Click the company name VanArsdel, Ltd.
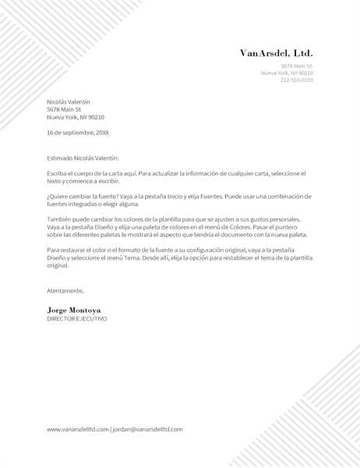click(x=276, y=53)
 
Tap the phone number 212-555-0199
click(x=296, y=80)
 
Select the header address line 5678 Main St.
click(x=297, y=66)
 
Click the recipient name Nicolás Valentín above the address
click(x=68, y=101)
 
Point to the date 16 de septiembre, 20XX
click(x=78, y=133)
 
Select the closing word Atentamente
click(x=65, y=290)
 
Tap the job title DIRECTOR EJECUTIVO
click(x=76, y=319)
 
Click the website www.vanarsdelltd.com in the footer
click(x=77, y=429)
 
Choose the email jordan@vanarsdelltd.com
click(x=148, y=429)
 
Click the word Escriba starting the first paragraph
click(x=58, y=173)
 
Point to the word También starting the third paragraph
click(x=59, y=219)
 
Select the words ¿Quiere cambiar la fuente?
click(x=83, y=197)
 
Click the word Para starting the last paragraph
click(x=53, y=250)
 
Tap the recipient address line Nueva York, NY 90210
click(x=75, y=117)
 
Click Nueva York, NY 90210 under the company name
click(x=287, y=73)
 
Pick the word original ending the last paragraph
click(x=58, y=265)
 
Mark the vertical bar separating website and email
click(x=111, y=429)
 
